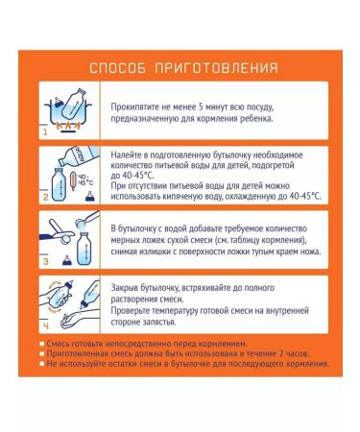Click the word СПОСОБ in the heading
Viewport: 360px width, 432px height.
tap(117, 68)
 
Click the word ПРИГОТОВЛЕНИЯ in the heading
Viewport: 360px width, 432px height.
tap(216, 68)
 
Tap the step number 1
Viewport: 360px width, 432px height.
tap(45, 132)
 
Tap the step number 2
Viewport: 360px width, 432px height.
tap(45, 197)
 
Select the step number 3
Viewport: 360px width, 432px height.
tap(45, 261)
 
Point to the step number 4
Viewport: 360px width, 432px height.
tap(46, 326)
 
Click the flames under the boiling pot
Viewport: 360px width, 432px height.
tap(68, 126)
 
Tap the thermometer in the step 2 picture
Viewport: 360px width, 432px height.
tap(73, 181)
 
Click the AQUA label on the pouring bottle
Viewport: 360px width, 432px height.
tap(79, 156)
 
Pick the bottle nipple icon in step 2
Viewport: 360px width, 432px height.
tap(90, 197)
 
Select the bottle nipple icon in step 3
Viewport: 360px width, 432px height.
tap(67, 260)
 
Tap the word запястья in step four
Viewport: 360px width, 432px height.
tap(160, 323)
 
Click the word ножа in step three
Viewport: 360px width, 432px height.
tap(311, 252)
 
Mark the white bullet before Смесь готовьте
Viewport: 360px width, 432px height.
tap(42, 344)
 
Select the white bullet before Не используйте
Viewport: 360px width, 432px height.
tap(42, 364)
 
